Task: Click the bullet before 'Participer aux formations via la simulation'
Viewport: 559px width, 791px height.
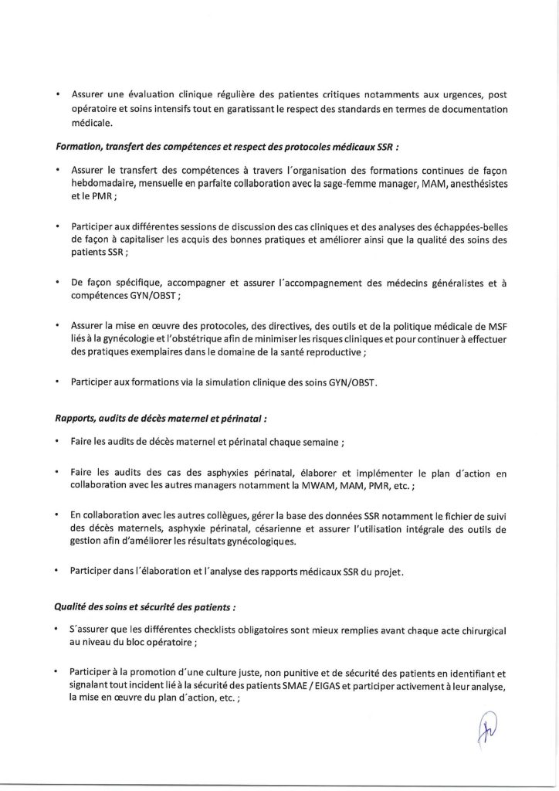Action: coord(59,381)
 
